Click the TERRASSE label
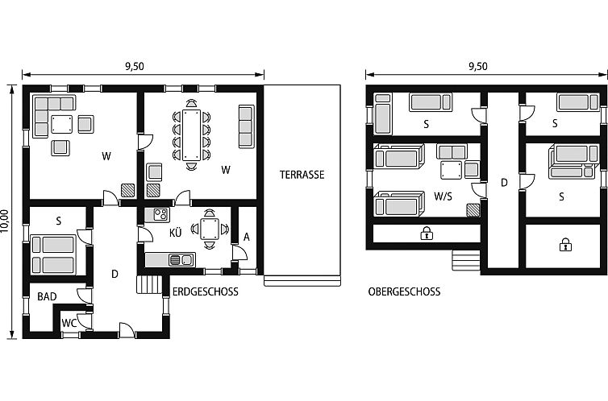point(302,175)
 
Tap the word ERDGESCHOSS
point(206,291)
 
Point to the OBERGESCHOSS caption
point(405,291)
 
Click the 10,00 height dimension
point(4,221)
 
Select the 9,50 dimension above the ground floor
point(135,66)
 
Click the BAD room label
point(47,296)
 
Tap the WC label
point(69,323)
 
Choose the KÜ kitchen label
point(175,233)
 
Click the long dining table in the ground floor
point(192,134)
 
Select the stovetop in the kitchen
point(160,214)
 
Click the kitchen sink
point(181,260)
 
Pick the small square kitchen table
point(210,229)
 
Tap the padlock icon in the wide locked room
point(427,233)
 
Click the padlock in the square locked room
point(565,245)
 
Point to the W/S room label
point(444,196)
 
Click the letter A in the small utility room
point(247,238)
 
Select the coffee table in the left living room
point(61,124)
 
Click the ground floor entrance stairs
point(149,284)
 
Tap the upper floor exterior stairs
point(466,260)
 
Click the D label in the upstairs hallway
point(504,183)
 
